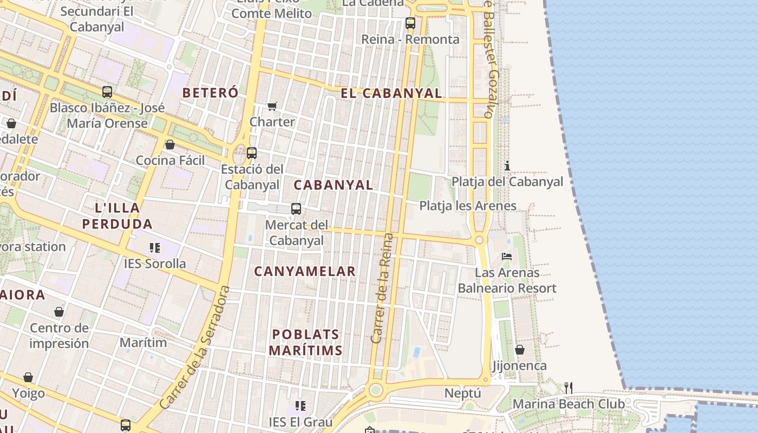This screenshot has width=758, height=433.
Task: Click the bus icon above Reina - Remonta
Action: pos(410,23)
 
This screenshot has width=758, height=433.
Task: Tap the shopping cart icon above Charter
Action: pos(272,106)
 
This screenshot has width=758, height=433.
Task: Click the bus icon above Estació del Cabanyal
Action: pos(252,153)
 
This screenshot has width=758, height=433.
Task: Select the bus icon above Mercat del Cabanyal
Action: pos(296,209)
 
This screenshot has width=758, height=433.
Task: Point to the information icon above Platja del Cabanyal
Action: pos(507,166)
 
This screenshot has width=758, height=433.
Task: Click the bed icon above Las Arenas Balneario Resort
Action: pos(507,256)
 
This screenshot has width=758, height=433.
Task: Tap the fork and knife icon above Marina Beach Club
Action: pos(568,388)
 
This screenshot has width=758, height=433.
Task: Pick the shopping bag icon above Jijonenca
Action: pos(520,350)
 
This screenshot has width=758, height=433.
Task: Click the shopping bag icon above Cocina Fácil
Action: pos(170,145)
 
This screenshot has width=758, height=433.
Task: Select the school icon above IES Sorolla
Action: pos(155,248)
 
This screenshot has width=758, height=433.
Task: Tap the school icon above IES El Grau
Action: pos(300,405)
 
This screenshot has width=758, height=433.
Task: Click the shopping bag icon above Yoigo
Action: pos(28,377)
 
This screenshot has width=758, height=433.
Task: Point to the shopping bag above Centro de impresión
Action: pos(59,312)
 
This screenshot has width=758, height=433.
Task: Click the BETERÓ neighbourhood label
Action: pos(210,93)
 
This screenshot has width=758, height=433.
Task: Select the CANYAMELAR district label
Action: pos(305,271)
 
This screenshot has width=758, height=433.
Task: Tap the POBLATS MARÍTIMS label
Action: pos(306,342)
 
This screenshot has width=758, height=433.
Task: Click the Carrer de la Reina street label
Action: pos(382,288)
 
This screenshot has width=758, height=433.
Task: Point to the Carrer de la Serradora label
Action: pos(195,347)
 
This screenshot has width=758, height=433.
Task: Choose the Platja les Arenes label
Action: pos(468,206)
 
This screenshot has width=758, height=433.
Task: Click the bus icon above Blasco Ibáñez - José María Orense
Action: pos(107,92)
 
